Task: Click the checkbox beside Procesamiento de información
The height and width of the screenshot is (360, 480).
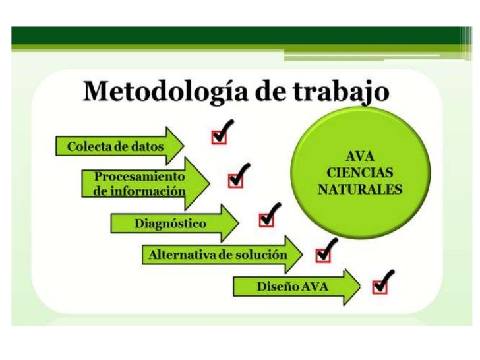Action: pos(234,181)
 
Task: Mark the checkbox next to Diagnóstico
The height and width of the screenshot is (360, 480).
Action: pos(266,220)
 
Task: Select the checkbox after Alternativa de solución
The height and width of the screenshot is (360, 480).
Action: pos(323,254)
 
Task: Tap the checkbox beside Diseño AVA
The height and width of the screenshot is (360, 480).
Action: pos(380,286)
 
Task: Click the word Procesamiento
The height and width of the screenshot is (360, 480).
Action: pos(139,177)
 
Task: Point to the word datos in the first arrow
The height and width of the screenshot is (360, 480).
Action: pos(147,146)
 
